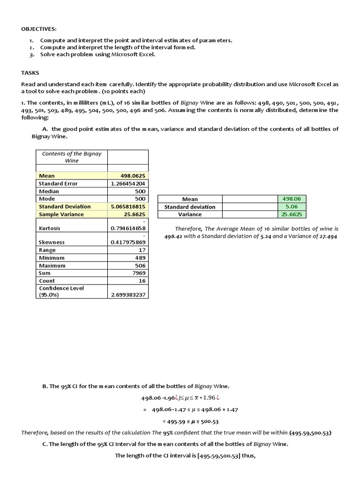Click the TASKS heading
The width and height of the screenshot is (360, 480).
[30, 73]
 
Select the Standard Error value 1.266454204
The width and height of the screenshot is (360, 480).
[128, 184]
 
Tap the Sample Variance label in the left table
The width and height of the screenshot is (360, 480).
[61, 214]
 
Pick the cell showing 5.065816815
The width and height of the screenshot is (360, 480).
[128, 207]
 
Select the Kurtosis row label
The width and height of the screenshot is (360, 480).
[50, 228]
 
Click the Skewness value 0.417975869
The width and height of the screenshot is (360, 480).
[128, 242]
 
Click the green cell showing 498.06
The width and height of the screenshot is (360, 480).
[292, 199]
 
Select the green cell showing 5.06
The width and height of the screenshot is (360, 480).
[292, 207]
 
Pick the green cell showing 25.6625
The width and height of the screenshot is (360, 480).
[292, 214]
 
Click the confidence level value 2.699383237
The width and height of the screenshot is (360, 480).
[128, 295]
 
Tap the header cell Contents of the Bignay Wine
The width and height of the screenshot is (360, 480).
[72, 157]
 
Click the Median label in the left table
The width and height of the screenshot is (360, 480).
[49, 191]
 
